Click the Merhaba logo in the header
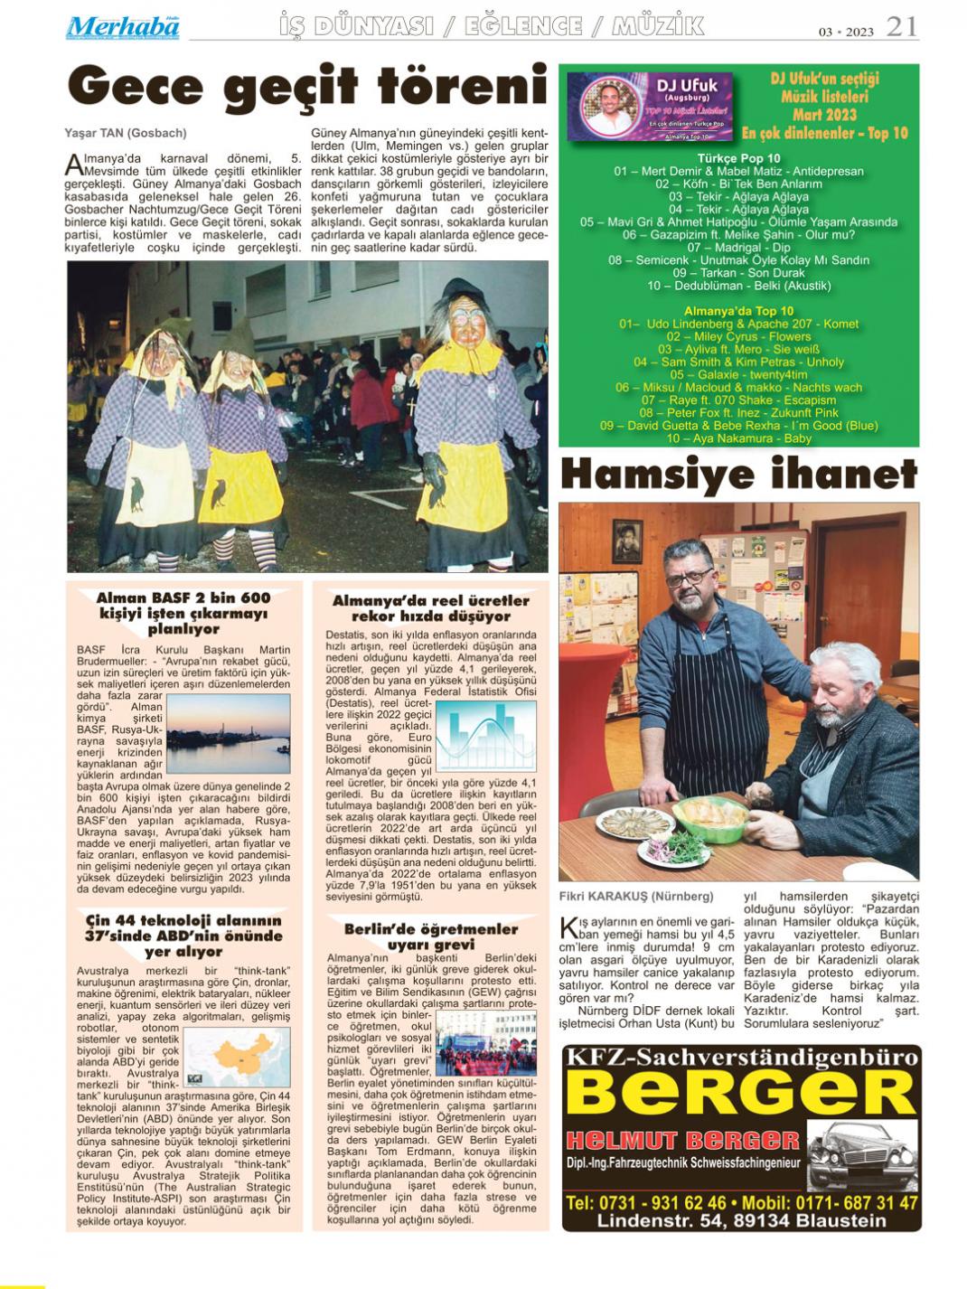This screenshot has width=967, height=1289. point(122,27)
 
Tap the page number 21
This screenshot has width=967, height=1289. point(901,27)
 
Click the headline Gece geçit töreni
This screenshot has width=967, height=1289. point(307,88)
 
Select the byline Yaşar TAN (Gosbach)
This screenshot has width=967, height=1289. point(126,133)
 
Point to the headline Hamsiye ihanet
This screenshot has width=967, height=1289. point(738,473)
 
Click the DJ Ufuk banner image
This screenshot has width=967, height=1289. point(650,106)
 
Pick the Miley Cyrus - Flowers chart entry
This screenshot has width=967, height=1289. point(739,336)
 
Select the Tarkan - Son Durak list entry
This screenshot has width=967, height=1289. point(738,272)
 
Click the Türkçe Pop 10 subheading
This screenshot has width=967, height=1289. point(738,158)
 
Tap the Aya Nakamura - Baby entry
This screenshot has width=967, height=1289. point(739,438)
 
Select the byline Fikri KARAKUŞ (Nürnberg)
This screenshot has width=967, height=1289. point(635,897)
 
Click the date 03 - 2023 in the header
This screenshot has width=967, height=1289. point(847,32)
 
